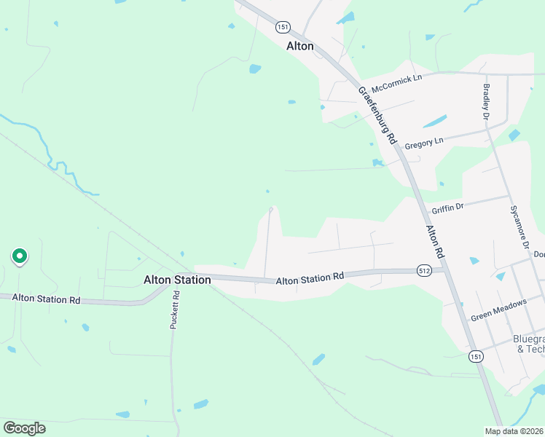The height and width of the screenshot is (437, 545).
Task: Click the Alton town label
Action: (300, 46)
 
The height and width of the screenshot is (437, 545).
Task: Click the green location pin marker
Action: (20, 256)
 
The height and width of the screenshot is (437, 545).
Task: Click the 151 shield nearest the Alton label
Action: (283, 27)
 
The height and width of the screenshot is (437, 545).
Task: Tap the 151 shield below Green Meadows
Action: (475, 356)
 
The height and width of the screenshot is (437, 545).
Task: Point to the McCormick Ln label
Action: (397, 78)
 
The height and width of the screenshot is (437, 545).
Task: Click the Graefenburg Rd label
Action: (376, 115)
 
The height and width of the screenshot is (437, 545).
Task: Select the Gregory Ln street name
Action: (424, 141)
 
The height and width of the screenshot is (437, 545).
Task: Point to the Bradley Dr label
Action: (485, 101)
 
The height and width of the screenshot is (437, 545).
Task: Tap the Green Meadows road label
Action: (498, 312)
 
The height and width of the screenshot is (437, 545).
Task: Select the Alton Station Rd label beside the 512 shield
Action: (310, 277)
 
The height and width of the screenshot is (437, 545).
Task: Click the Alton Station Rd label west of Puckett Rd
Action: (46, 299)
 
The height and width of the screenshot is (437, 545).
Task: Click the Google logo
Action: (24, 428)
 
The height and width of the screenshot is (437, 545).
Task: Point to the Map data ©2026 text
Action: (514, 431)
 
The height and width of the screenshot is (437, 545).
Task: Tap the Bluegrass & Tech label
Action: (528, 344)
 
